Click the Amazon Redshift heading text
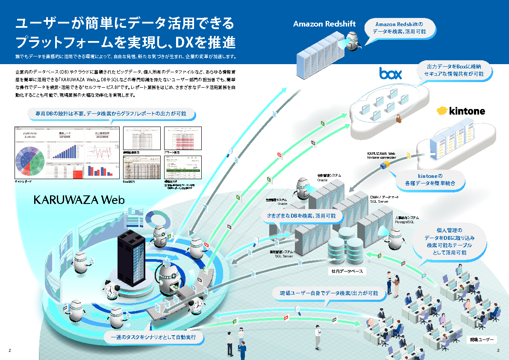click(324, 24)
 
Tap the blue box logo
click(391, 73)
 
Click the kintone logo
click(461, 111)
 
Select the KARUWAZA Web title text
click(79, 200)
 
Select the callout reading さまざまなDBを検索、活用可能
click(304, 216)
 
